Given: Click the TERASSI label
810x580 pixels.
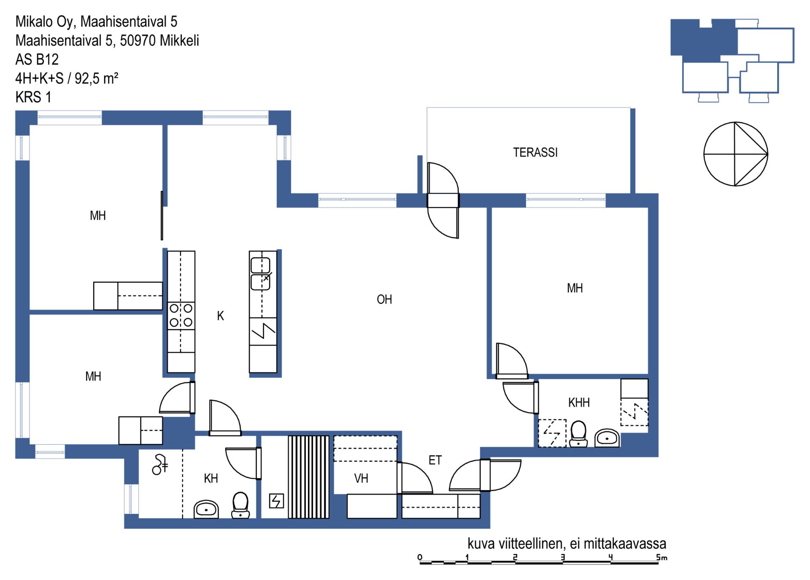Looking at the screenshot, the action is [x=535, y=152].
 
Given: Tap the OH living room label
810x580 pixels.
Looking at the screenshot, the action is [x=384, y=299].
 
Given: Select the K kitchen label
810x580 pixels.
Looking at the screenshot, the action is [x=220, y=316].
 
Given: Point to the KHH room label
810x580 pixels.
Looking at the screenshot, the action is [x=579, y=403].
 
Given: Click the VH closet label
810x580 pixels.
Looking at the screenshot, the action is [x=361, y=478].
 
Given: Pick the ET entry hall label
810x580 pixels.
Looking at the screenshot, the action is [x=435, y=460].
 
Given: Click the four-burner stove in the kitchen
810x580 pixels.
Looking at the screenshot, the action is [x=181, y=316].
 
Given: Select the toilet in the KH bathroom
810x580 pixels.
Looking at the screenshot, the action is [x=240, y=505].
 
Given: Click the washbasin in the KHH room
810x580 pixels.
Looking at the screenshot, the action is [x=607, y=438].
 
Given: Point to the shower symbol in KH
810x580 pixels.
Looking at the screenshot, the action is [x=160, y=465].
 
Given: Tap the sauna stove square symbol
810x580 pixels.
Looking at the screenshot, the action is [x=276, y=501].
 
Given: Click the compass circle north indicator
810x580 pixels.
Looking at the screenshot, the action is [x=735, y=154].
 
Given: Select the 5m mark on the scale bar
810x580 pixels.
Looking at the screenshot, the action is [x=661, y=558].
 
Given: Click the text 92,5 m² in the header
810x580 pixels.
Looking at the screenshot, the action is [x=96, y=78].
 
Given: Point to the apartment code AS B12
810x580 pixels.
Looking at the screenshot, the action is [x=37, y=59].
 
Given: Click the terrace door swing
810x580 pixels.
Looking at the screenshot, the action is [x=443, y=200].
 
